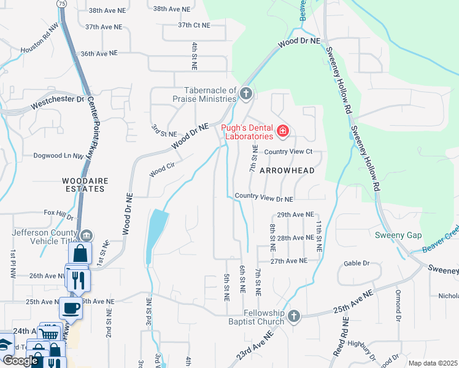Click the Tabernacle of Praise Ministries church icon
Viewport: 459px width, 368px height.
pos(245,94)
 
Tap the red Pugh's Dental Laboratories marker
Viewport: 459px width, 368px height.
pos(283,131)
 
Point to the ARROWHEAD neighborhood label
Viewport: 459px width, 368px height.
pos(287,171)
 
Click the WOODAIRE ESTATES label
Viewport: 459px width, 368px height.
pos(83,185)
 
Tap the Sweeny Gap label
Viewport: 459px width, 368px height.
pos(395,235)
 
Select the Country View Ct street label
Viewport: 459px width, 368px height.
pos(288,151)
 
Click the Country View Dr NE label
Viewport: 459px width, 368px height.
pos(264,199)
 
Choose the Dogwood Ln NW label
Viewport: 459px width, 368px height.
pos(58,156)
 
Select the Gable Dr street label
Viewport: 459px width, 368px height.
pos(357,263)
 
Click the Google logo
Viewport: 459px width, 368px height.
pos(20,361)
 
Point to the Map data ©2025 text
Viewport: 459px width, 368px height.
pos(433,363)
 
